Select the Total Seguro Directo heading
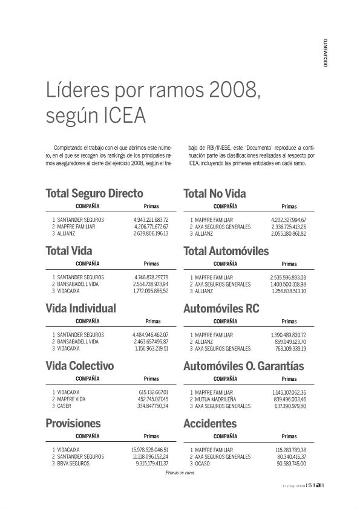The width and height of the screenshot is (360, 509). pos(94,193)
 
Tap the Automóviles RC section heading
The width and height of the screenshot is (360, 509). pos(221,308)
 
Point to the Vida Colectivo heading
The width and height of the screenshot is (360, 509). pos(79,366)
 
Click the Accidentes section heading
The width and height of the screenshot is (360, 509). pos(210,423)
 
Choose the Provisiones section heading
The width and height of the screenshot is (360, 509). pos(73,423)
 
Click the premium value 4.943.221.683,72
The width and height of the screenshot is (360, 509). pos(151,219)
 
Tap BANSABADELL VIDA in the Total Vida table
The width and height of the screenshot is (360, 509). pos(78,284)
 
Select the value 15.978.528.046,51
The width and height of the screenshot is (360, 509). pos(149,450)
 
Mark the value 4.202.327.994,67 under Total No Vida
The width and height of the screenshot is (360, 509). pos(289,219)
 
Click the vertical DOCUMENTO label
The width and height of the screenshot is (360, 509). pos(326,53)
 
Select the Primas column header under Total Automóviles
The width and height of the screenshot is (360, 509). pos(289,264)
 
